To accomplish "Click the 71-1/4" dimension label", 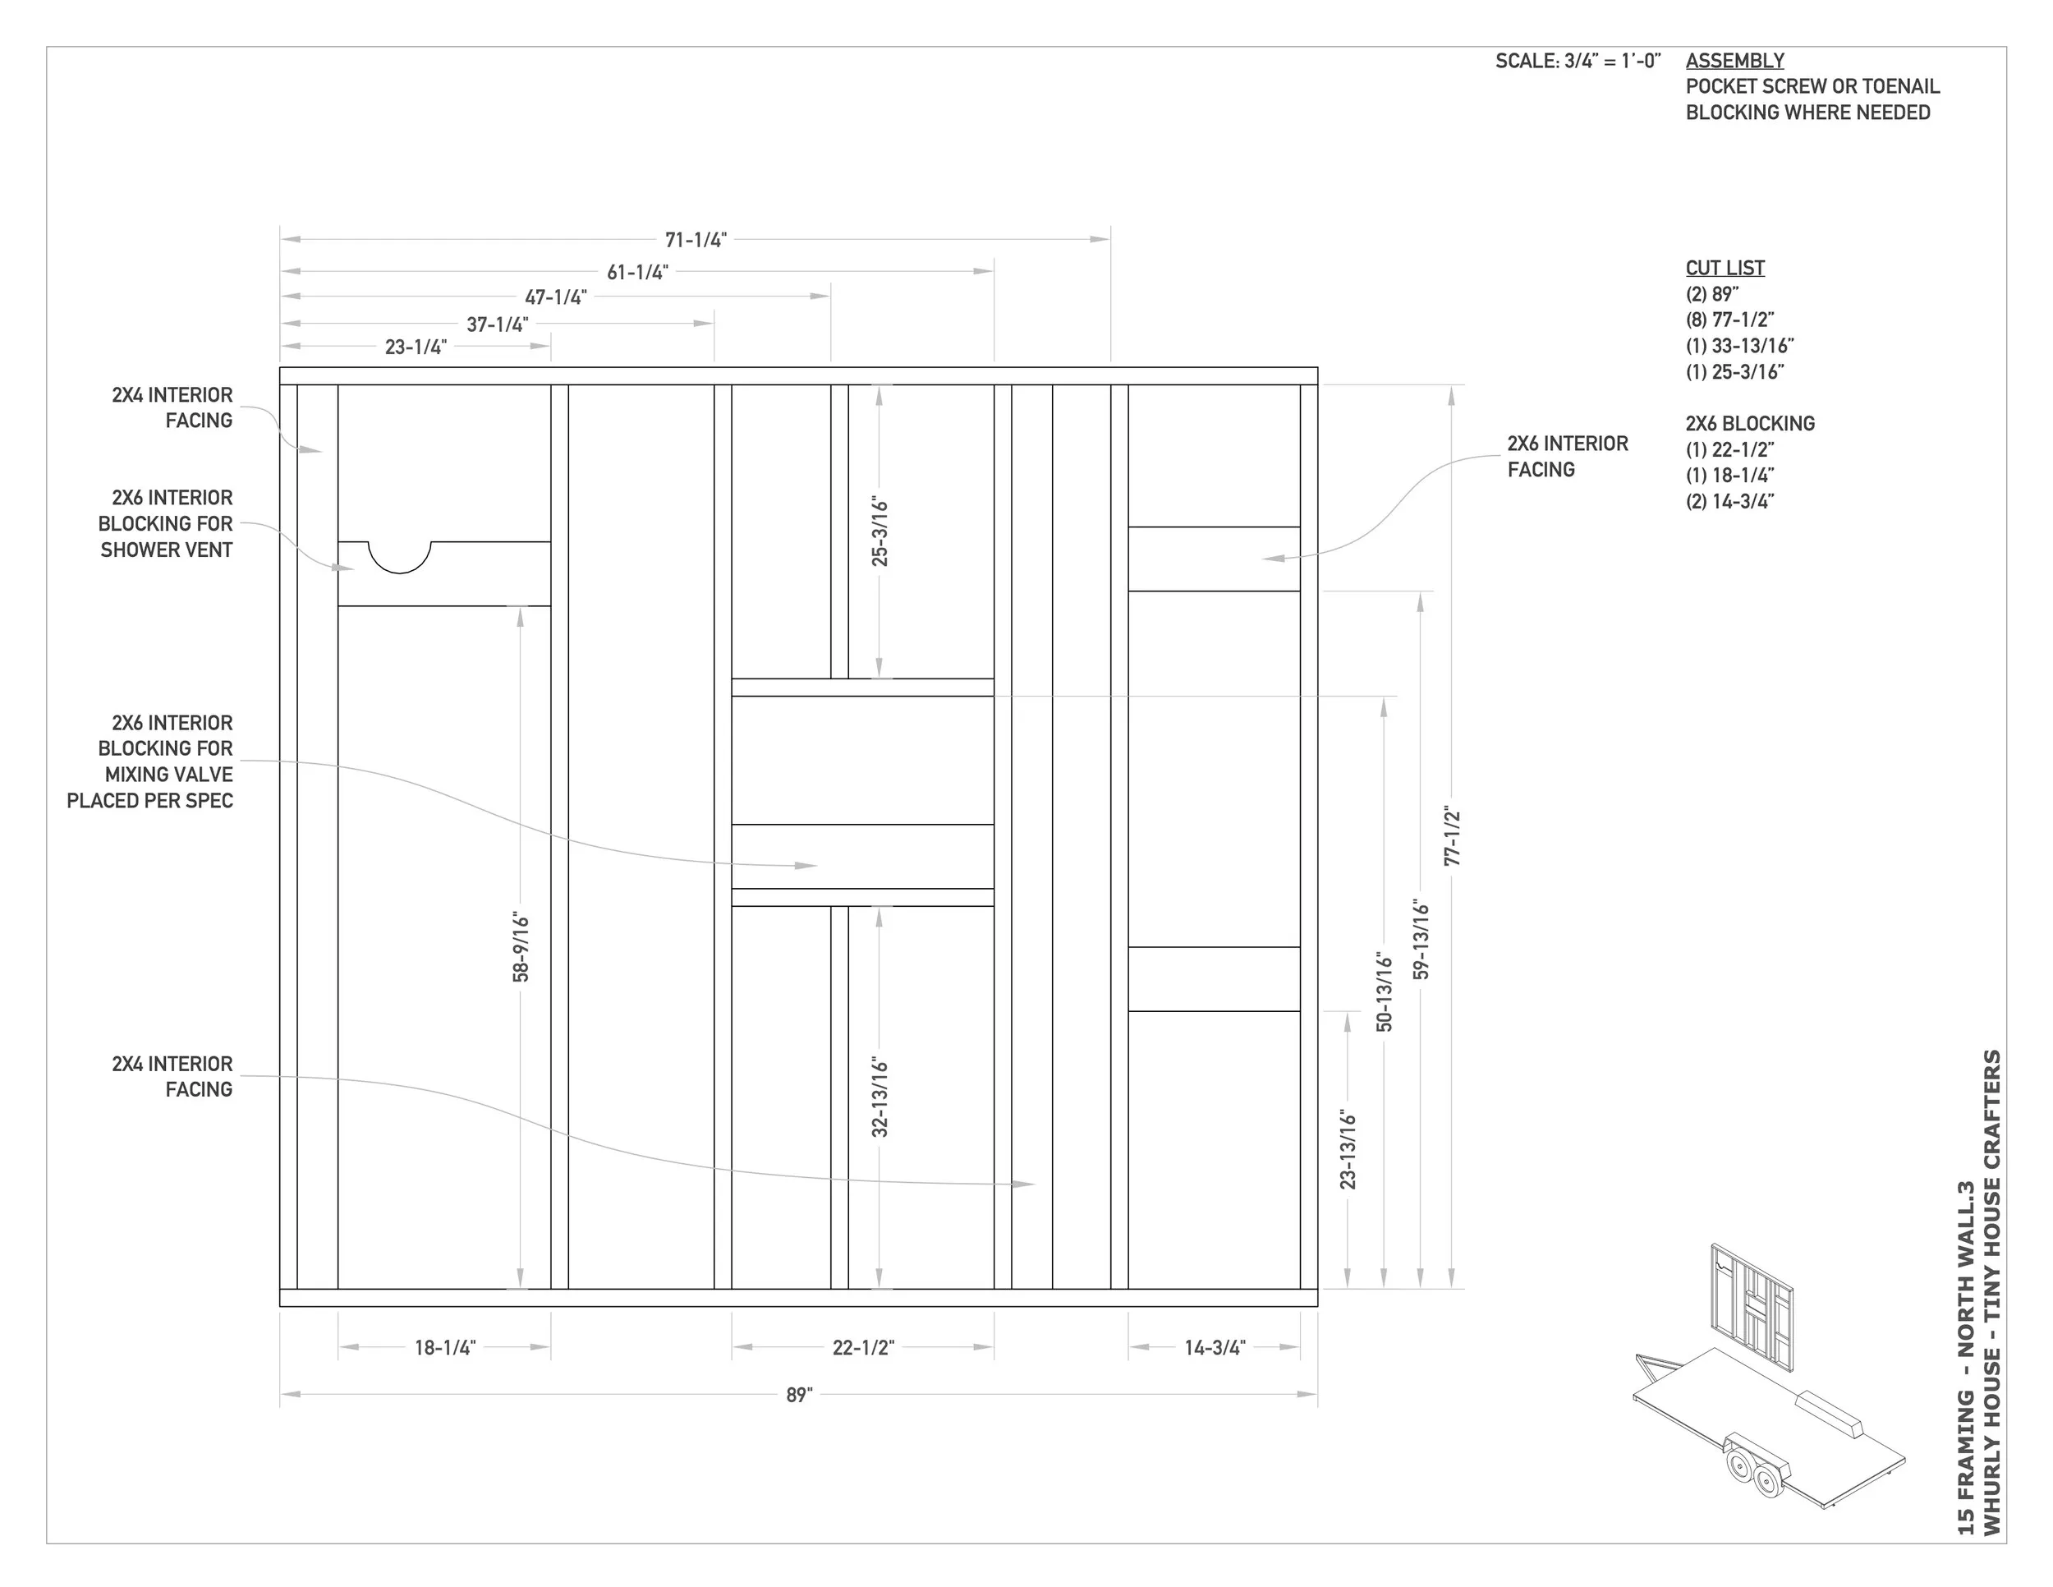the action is pyautogui.click(x=696, y=240).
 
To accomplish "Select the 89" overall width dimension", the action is pyautogui.click(x=799, y=1396).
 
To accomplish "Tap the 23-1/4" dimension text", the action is pyautogui.click(x=416, y=347).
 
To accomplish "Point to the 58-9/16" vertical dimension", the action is pyautogui.click(x=521, y=947).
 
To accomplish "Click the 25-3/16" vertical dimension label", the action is pyautogui.click(x=880, y=532).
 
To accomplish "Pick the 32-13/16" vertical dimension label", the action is pyautogui.click(x=880, y=1097).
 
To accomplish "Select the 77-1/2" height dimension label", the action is pyautogui.click(x=1453, y=836).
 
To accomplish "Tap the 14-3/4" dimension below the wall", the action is pyautogui.click(x=1215, y=1347).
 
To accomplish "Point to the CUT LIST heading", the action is pyautogui.click(x=1725, y=268).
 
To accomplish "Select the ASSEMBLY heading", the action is pyautogui.click(x=1734, y=60).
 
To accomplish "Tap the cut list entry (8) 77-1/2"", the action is pyautogui.click(x=1729, y=320).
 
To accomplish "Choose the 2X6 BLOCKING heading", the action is pyautogui.click(x=1749, y=423).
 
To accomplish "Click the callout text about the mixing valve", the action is pyautogui.click(x=150, y=761).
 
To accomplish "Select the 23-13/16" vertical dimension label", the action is pyautogui.click(x=1348, y=1149).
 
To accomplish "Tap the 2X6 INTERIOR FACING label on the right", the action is pyautogui.click(x=1567, y=456).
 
